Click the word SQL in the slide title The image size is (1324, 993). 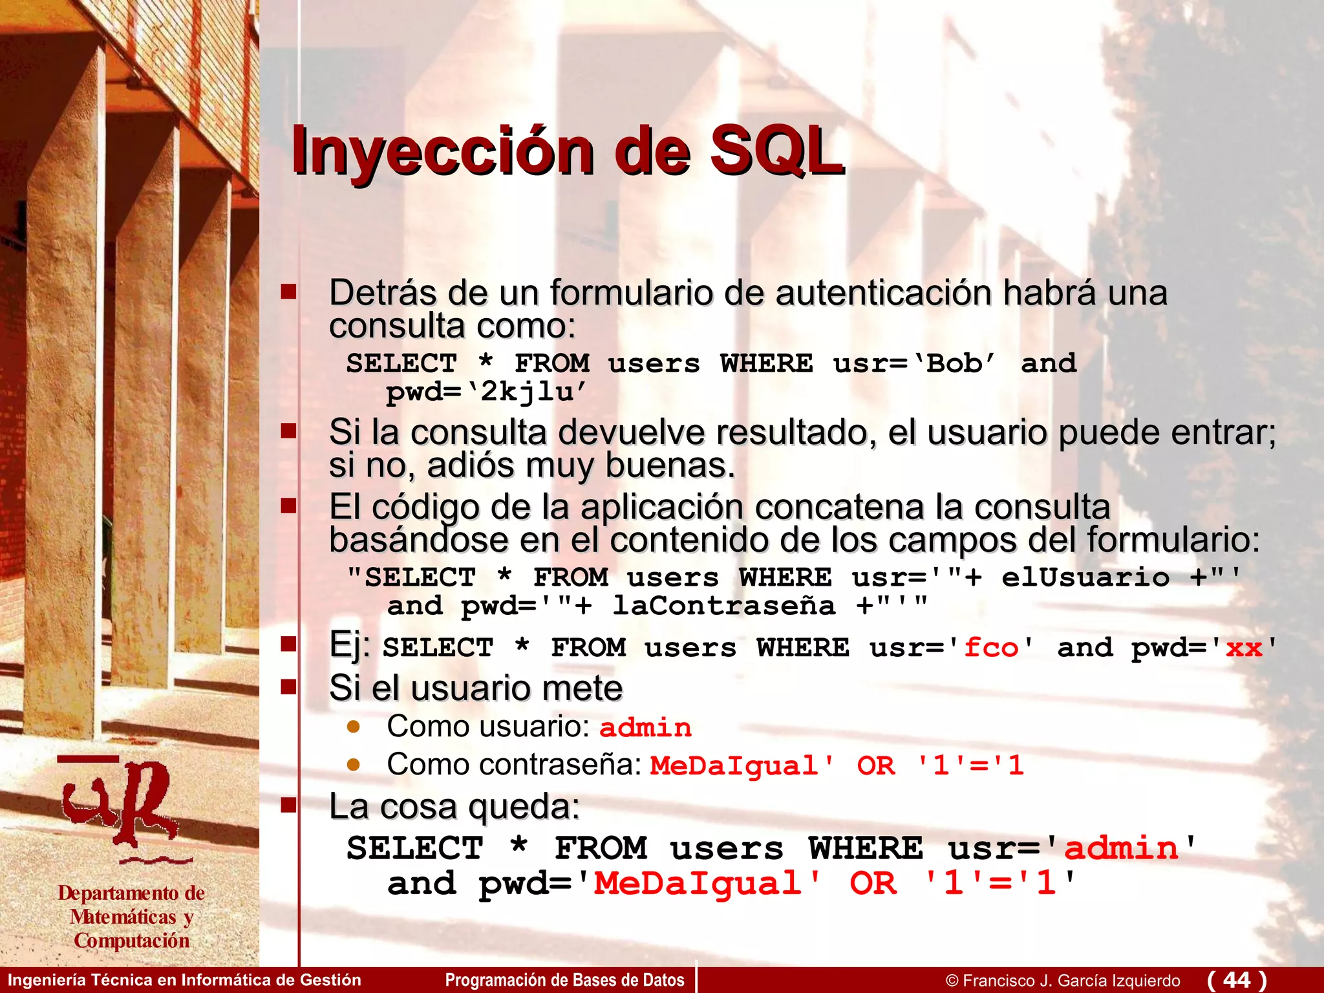coord(776,151)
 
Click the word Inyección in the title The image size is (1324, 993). coord(442,151)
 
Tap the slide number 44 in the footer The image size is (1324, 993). coord(1237,979)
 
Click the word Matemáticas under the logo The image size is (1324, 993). coord(123,917)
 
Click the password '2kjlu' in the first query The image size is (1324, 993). coord(527,392)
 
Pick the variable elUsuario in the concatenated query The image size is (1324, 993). coord(1085,577)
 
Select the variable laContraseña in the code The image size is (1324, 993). coord(724,606)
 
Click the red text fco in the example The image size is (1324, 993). coord(990,648)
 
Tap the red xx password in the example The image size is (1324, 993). coord(1244,648)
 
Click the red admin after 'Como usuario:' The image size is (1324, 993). coord(645,728)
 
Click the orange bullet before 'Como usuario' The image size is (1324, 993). coord(353,726)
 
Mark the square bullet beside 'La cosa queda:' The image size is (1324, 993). coord(288,805)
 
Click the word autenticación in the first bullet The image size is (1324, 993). coord(883,293)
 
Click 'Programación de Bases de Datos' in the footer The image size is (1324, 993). coord(564,980)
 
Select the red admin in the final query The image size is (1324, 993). coord(1121,848)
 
